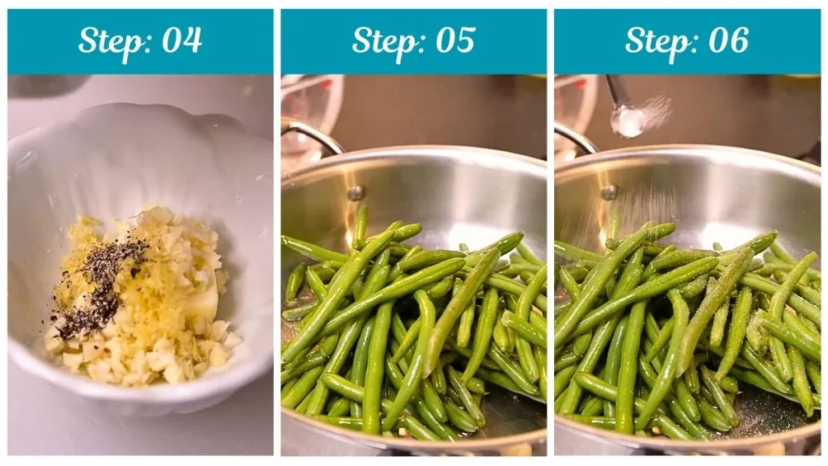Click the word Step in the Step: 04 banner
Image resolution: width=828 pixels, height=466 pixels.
pos(110,40)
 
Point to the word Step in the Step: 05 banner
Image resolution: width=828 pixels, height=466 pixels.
pos(383,40)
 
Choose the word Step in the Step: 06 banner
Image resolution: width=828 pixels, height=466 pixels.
pos(657,40)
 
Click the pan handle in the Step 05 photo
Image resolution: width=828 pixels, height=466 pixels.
pos(311,133)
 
